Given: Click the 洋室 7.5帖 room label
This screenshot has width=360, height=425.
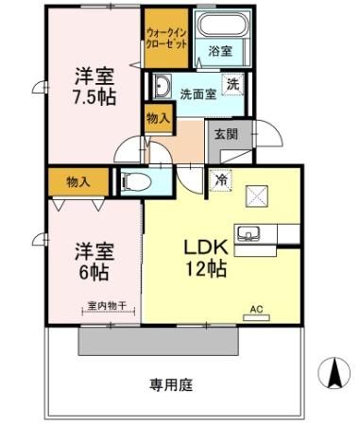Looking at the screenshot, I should tap(95, 85).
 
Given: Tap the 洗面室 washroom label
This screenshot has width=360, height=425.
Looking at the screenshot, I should tap(199, 93).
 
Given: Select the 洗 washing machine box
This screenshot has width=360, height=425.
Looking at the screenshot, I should tap(232, 83).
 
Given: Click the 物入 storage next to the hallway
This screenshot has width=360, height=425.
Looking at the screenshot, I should tap(158, 118).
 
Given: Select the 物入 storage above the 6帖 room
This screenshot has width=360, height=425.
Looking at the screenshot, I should tap(77, 179).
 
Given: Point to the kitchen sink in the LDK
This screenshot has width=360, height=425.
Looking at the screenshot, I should tap(251, 232).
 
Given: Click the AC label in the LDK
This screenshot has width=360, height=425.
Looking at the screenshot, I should tap(256, 309).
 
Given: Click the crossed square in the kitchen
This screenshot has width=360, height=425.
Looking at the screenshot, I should tap(257, 195).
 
